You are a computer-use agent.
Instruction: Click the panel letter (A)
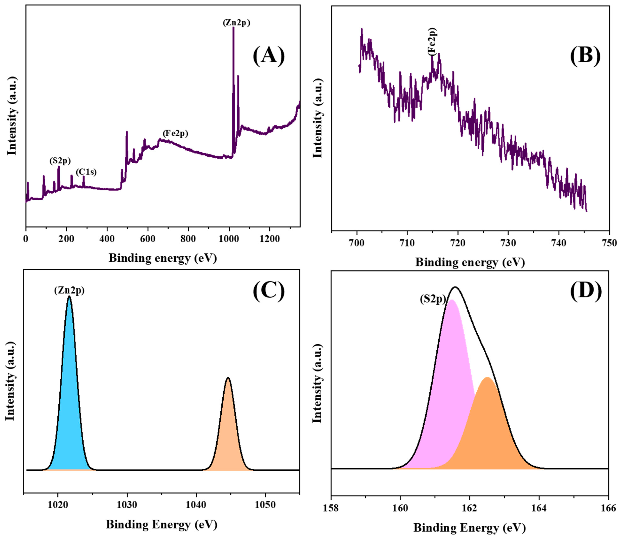(x=269, y=56)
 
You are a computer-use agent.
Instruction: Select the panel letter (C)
(x=269, y=291)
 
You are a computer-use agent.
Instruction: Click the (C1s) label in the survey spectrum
(x=86, y=172)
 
